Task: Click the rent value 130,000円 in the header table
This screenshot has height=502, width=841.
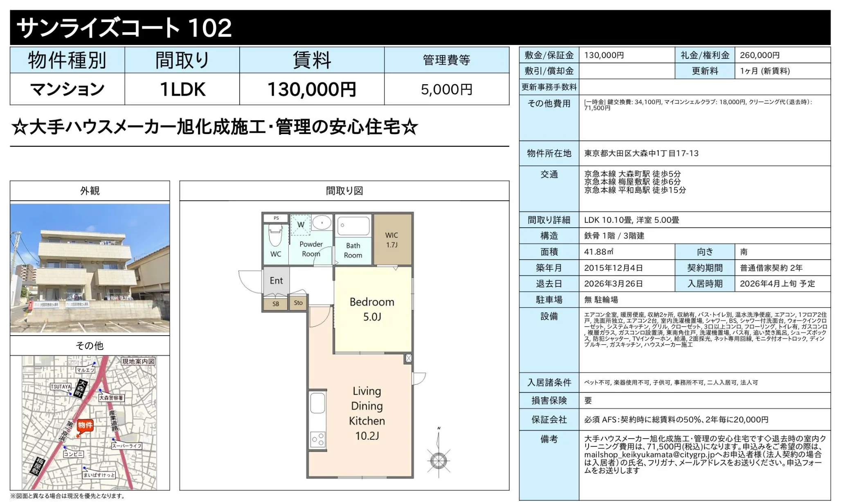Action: tap(312, 89)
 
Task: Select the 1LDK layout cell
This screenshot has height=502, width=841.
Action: tap(182, 89)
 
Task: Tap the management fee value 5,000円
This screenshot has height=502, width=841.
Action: tap(446, 89)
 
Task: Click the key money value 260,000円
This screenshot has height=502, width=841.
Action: tap(760, 55)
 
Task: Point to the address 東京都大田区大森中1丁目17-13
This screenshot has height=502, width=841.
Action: tap(641, 153)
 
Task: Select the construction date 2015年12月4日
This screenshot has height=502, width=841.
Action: tap(613, 268)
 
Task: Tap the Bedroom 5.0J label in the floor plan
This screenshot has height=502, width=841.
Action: tap(372, 309)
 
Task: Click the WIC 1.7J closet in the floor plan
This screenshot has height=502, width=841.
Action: tap(391, 240)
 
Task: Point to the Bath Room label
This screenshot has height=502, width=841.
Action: tap(353, 250)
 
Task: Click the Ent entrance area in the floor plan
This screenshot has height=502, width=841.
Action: tap(276, 280)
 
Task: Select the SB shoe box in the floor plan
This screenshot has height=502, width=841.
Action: tap(276, 304)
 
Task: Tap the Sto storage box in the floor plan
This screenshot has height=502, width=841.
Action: tap(298, 303)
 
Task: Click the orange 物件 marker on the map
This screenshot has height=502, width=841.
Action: tap(85, 425)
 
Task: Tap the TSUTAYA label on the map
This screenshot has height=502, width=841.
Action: tap(61, 386)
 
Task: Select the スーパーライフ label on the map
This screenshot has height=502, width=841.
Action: tap(127, 446)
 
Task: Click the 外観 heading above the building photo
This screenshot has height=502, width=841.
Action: tap(90, 191)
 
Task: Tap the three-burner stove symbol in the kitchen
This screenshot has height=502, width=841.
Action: tap(318, 440)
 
